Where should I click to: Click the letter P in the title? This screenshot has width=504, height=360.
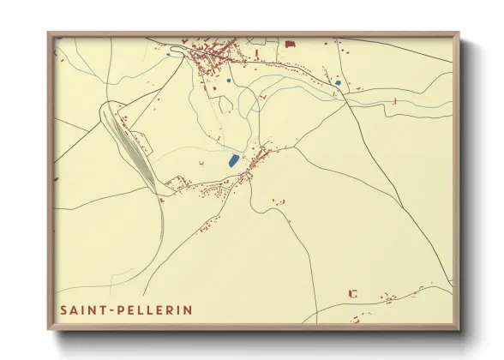(x=123, y=309)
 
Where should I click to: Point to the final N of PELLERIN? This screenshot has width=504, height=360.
(x=188, y=309)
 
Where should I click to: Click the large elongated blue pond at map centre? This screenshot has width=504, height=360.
(x=232, y=160)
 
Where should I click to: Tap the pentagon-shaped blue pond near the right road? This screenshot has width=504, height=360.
(x=339, y=83)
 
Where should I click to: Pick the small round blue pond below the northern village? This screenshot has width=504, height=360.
(x=228, y=81)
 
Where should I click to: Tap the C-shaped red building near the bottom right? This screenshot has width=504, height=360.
(x=352, y=293)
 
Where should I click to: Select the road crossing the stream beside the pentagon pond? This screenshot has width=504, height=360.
(x=345, y=93)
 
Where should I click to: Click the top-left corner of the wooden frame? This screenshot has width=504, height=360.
(x=49, y=33)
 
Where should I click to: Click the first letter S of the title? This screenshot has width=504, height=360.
(x=64, y=309)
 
